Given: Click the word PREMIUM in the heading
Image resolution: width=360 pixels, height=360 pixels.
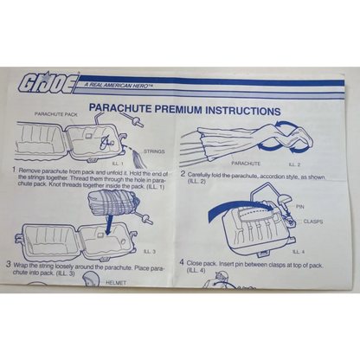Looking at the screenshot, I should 190,111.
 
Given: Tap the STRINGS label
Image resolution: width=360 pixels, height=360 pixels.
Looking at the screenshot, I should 153,151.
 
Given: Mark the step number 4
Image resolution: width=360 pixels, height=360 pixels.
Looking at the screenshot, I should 182,261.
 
